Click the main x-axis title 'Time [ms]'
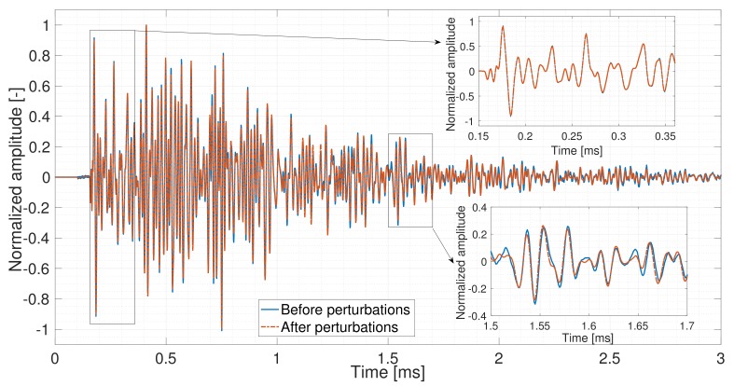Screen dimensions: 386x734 388,373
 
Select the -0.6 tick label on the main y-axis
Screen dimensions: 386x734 35,269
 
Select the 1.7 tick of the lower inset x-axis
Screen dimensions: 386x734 686,327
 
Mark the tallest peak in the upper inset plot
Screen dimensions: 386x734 503,27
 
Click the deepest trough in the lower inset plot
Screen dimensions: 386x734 534,303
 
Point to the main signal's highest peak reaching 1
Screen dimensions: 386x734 146,25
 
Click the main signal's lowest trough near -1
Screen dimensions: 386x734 221,329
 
